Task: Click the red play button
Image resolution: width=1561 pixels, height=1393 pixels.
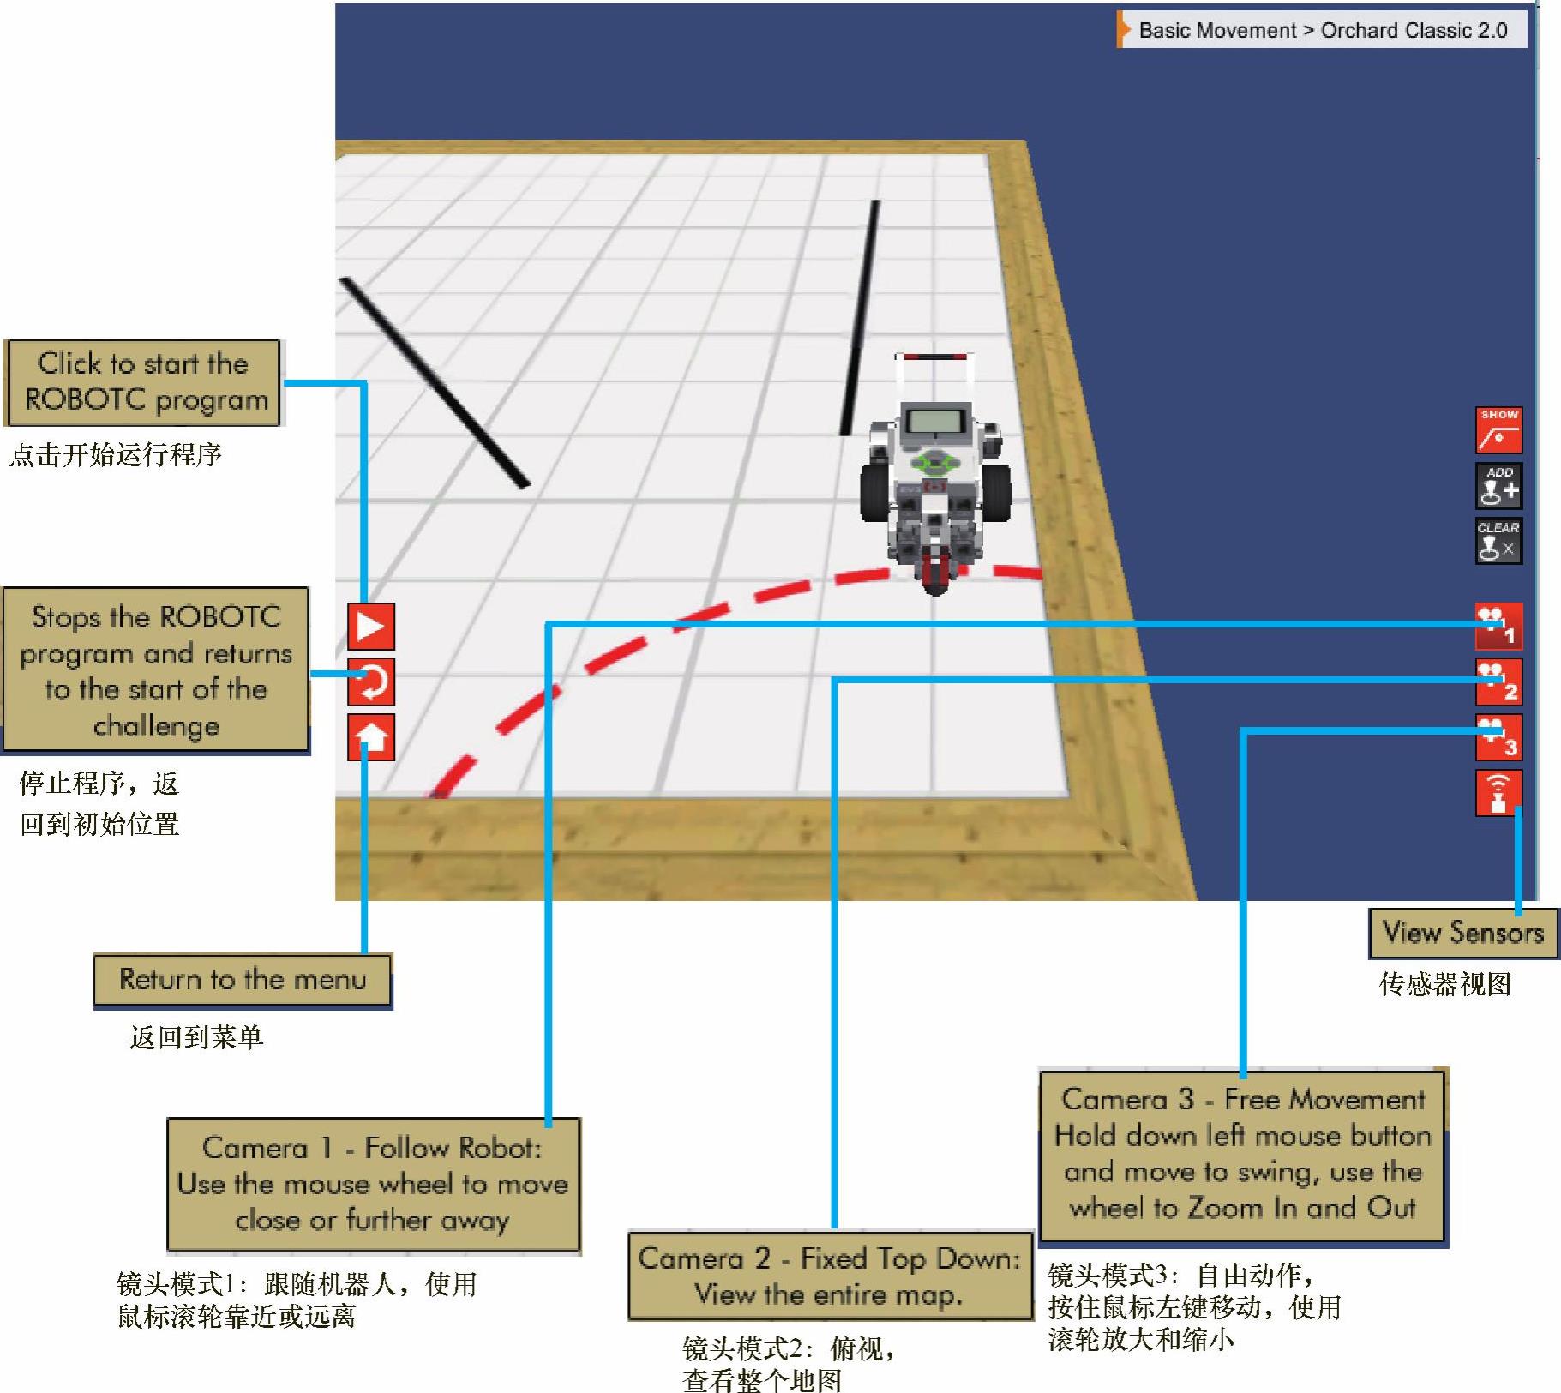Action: (x=370, y=627)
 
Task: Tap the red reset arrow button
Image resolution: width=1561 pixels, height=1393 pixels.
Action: (x=370, y=682)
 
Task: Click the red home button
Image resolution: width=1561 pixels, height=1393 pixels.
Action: (x=370, y=737)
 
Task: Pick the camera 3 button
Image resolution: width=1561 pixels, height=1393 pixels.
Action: (x=1498, y=737)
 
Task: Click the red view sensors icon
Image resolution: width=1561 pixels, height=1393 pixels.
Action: (x=1498, y=793)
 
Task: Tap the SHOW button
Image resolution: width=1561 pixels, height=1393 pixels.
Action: (x=1498, y=429)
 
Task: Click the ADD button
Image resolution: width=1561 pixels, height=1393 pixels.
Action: (x=1498, y=486)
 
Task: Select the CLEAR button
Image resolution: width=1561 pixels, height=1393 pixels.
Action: (x=1498, y=541)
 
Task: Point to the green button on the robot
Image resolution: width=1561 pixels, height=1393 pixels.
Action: (x=934, y=464)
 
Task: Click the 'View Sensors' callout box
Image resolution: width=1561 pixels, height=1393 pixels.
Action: (x=1462, y=933)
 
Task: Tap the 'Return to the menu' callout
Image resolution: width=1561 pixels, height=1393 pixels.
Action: (x=243, y=979)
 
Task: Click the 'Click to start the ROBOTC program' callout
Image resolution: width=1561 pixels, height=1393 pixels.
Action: (x=144, y=382)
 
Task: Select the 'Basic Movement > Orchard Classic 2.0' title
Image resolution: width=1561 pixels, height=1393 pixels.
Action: (x=1323, y=31)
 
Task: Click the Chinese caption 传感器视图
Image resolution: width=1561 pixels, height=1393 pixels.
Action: (x=1444, y=984)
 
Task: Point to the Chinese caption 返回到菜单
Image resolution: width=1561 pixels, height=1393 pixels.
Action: (x=196, y=1038)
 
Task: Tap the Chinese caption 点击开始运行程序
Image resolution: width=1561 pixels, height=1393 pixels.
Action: (x=116, y=454)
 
